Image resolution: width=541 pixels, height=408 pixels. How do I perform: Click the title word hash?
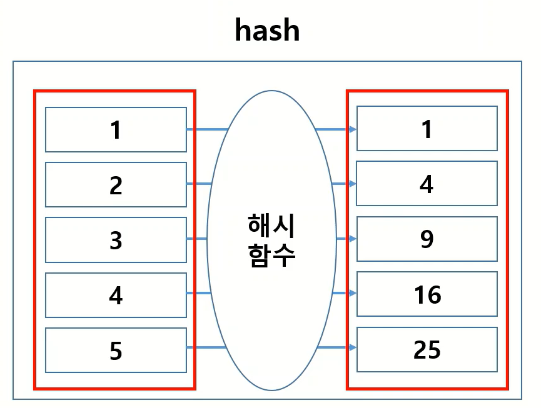coord(267,30)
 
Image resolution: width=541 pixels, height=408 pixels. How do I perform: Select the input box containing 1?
coord(116,129)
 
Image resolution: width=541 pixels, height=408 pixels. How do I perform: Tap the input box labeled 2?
coord(116,184)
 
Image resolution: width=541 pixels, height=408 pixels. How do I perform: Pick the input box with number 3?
coord(116,239)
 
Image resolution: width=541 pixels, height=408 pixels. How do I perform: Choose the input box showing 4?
coord(116,294)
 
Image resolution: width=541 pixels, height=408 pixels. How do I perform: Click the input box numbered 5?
coord(116,350)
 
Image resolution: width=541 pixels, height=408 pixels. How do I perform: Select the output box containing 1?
coord(427,129)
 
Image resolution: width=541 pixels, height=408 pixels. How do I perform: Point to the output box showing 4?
coord(427,184)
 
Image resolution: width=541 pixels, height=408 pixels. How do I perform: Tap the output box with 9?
coord(427,239)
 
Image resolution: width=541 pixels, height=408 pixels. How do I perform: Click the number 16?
coord(427,294)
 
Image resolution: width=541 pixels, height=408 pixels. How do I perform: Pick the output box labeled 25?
coord(427,349)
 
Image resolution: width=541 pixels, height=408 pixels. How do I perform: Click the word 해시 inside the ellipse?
coord(271,225)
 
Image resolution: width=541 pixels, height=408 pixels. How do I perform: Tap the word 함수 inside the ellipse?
coord(271,254)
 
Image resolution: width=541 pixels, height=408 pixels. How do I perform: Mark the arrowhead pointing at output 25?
coord(353,348)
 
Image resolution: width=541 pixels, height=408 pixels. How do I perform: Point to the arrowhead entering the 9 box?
coord(353,239)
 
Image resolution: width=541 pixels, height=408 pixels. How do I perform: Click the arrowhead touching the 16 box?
coord(353,293)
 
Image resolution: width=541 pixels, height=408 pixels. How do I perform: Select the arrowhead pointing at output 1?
coord(353,129)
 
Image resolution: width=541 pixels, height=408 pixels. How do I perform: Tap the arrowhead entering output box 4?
coord(353,184)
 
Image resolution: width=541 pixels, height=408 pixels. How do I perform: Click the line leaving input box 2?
coord(199,184)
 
